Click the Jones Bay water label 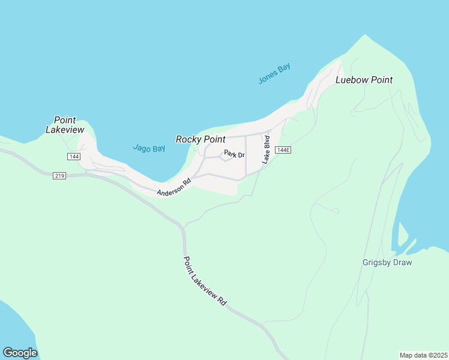click(274, 73)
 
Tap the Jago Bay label click(149, 148)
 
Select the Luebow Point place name click(364, 80)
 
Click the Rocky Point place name click(200, 139)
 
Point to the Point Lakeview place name click(65, 125)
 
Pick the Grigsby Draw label click(388, 262)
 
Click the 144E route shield click(284, 150)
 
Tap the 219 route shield click(59, 176)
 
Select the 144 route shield click(74, 157)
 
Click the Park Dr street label click(234, 155)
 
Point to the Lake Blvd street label click(266, 150)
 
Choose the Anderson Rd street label click(173, 187)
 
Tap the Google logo click(20, 353)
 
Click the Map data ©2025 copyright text click(423, 355)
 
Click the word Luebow click(351, 80)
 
